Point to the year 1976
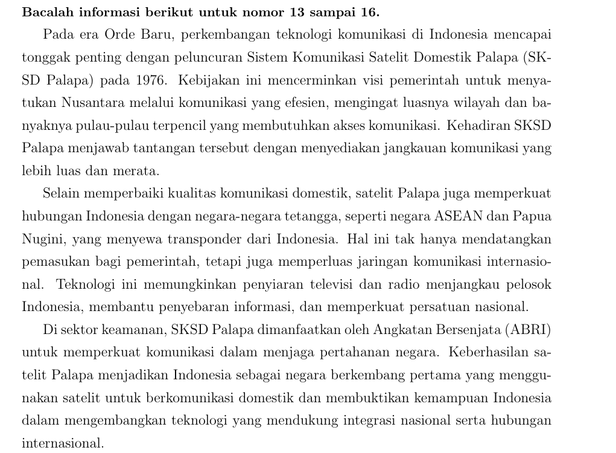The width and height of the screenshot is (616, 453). (151, 80)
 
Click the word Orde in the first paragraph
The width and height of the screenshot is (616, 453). (119, 35)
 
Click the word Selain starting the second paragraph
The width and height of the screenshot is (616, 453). (62, 194)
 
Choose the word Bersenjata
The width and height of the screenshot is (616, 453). (471, 330)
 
